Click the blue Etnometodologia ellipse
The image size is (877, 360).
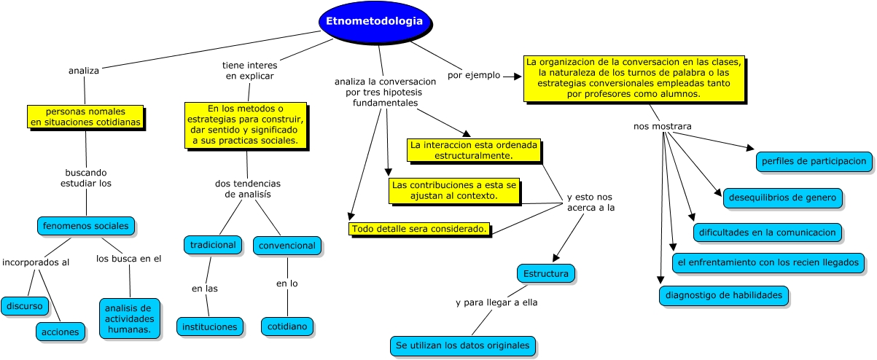(x=374, y=22)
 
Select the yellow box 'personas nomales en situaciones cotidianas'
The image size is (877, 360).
(x=85, y=117)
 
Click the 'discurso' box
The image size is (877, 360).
(x=25, y=306)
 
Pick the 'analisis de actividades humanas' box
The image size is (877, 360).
(x=129, y=318)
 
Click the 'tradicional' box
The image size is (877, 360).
(x=213, y=245)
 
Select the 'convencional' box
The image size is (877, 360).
(x=287, y=246)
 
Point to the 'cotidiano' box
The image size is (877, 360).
(x=287, y=326)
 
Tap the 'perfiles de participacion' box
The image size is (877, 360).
(x=814, y=161)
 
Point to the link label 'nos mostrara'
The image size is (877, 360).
(x=662, y=126)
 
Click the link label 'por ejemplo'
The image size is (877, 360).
(x=474, y=74)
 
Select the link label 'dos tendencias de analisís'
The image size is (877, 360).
(x=247, y=189)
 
